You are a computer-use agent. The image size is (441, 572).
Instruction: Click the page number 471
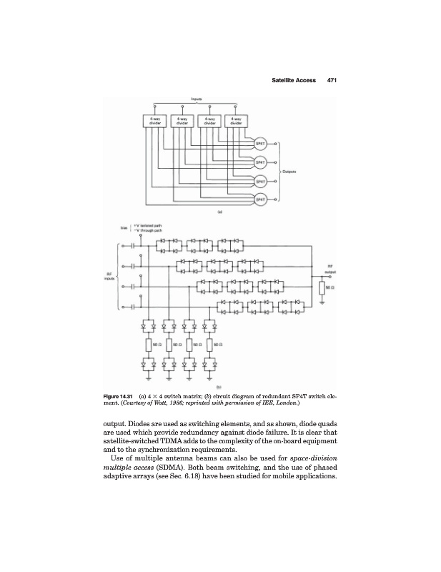pos(332,79)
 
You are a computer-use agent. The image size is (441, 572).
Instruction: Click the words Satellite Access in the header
pos(294,79)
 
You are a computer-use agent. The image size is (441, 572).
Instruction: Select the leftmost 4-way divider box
pos(154,121)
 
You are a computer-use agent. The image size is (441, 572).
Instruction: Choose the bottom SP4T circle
pos(260,199)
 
